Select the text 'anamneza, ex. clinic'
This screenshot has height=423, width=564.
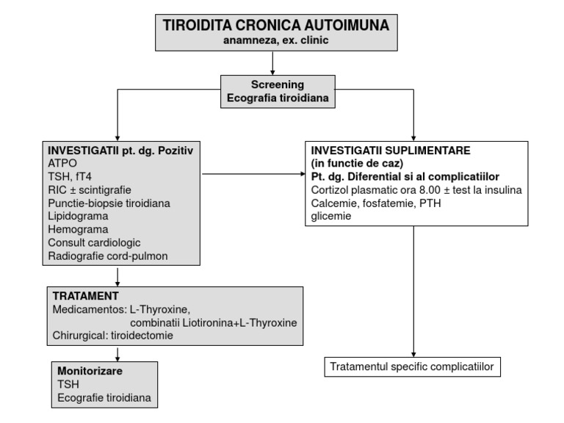271,41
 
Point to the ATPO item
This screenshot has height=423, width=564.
63,163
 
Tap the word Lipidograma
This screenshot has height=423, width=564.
78,216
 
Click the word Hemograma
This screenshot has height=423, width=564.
76,229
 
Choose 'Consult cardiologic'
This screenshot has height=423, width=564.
93,242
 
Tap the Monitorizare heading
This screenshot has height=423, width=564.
89,371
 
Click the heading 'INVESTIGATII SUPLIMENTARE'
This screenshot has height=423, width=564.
382,150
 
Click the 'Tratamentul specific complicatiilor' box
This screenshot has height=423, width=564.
416,366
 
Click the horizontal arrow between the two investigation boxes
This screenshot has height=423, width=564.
253,175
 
